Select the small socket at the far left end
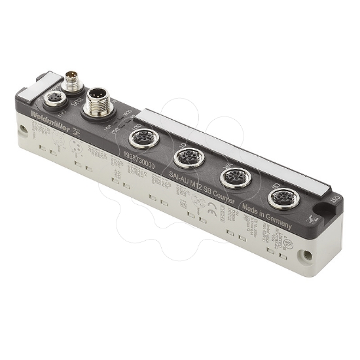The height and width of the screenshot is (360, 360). pyautogui.click(x=52, y=100)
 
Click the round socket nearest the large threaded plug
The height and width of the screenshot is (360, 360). pyautogui.click(x=141, y=138)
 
